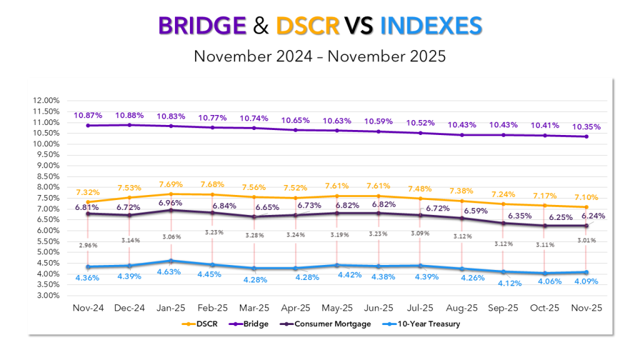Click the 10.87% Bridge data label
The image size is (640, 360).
pos(87,116)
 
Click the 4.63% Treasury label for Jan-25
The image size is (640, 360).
pos(168,272)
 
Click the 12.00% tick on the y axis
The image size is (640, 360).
pos(45,101)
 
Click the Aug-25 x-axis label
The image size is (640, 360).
pos(462,309)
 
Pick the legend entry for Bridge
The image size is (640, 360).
pos(252,324)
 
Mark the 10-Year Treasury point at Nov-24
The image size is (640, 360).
pos(87,267)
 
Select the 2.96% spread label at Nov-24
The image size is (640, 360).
pos(88,245)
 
